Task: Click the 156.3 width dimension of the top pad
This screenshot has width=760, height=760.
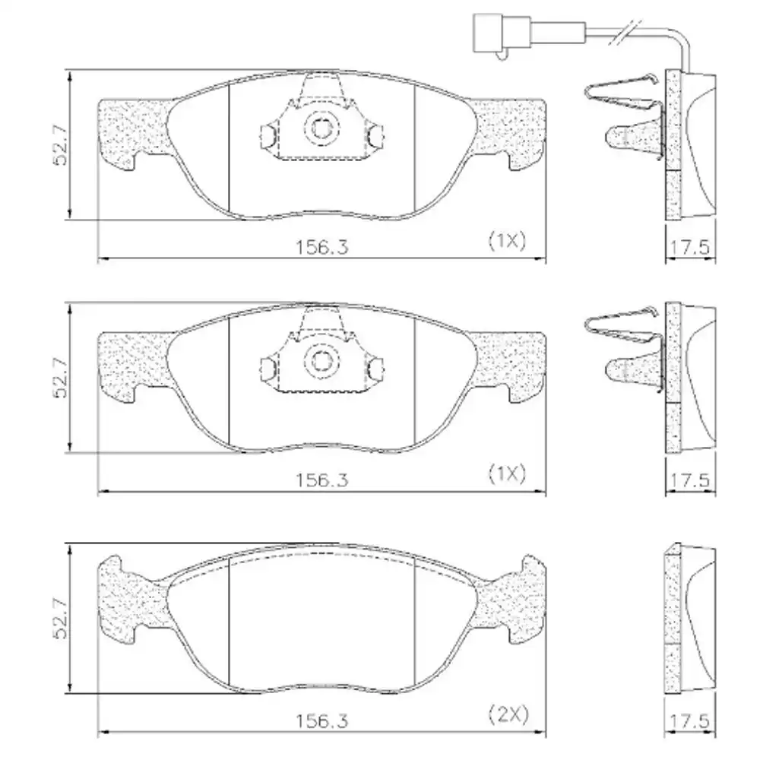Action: click(x=321, y=247)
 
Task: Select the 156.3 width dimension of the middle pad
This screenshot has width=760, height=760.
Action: click(x=321, y=480)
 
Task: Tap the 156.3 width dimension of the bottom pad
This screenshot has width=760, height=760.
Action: click(x=321, y=721)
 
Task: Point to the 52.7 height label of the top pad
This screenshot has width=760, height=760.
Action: click(x=61, y=145)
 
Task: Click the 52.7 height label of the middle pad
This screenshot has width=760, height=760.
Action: click(x=61, y=378)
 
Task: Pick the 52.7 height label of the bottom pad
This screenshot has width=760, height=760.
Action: click(x=61, y=619)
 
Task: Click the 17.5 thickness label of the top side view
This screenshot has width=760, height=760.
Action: click(x=690, y=248)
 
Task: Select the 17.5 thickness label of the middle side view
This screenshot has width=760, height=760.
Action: click(x=690, y=480)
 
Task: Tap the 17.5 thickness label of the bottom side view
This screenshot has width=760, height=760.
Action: click(x=690, y=721)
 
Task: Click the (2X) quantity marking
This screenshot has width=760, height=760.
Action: click(x=508, y=714)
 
